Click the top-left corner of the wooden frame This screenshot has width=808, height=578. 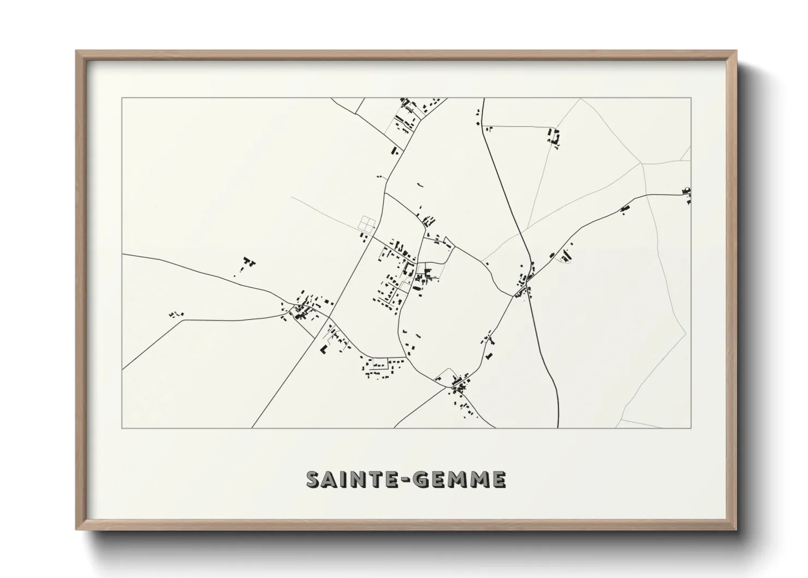tap(77, 51)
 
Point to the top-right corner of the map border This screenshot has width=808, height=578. tap(691, 98)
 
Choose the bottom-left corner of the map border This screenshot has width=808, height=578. tap(122, 428)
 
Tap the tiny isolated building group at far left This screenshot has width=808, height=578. tap(176, 314)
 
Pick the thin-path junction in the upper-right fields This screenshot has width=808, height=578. tap(642, 163)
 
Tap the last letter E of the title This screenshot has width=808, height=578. tap(498, 479)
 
